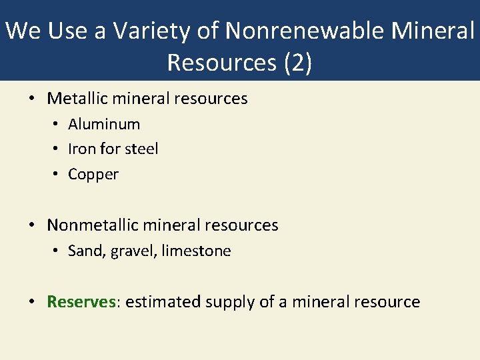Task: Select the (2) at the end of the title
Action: pyautogui.click(x=298, y=62)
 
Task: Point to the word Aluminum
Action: pyautogui.click(x=104, y=124)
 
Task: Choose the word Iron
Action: pyautogui.click(x=79, y=149)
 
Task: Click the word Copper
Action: pyautogui.click(x=93, y=174)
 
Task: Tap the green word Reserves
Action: pyautogui.click(x=81, y=302)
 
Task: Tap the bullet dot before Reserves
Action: pyautogui.click(x=32, y=303)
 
